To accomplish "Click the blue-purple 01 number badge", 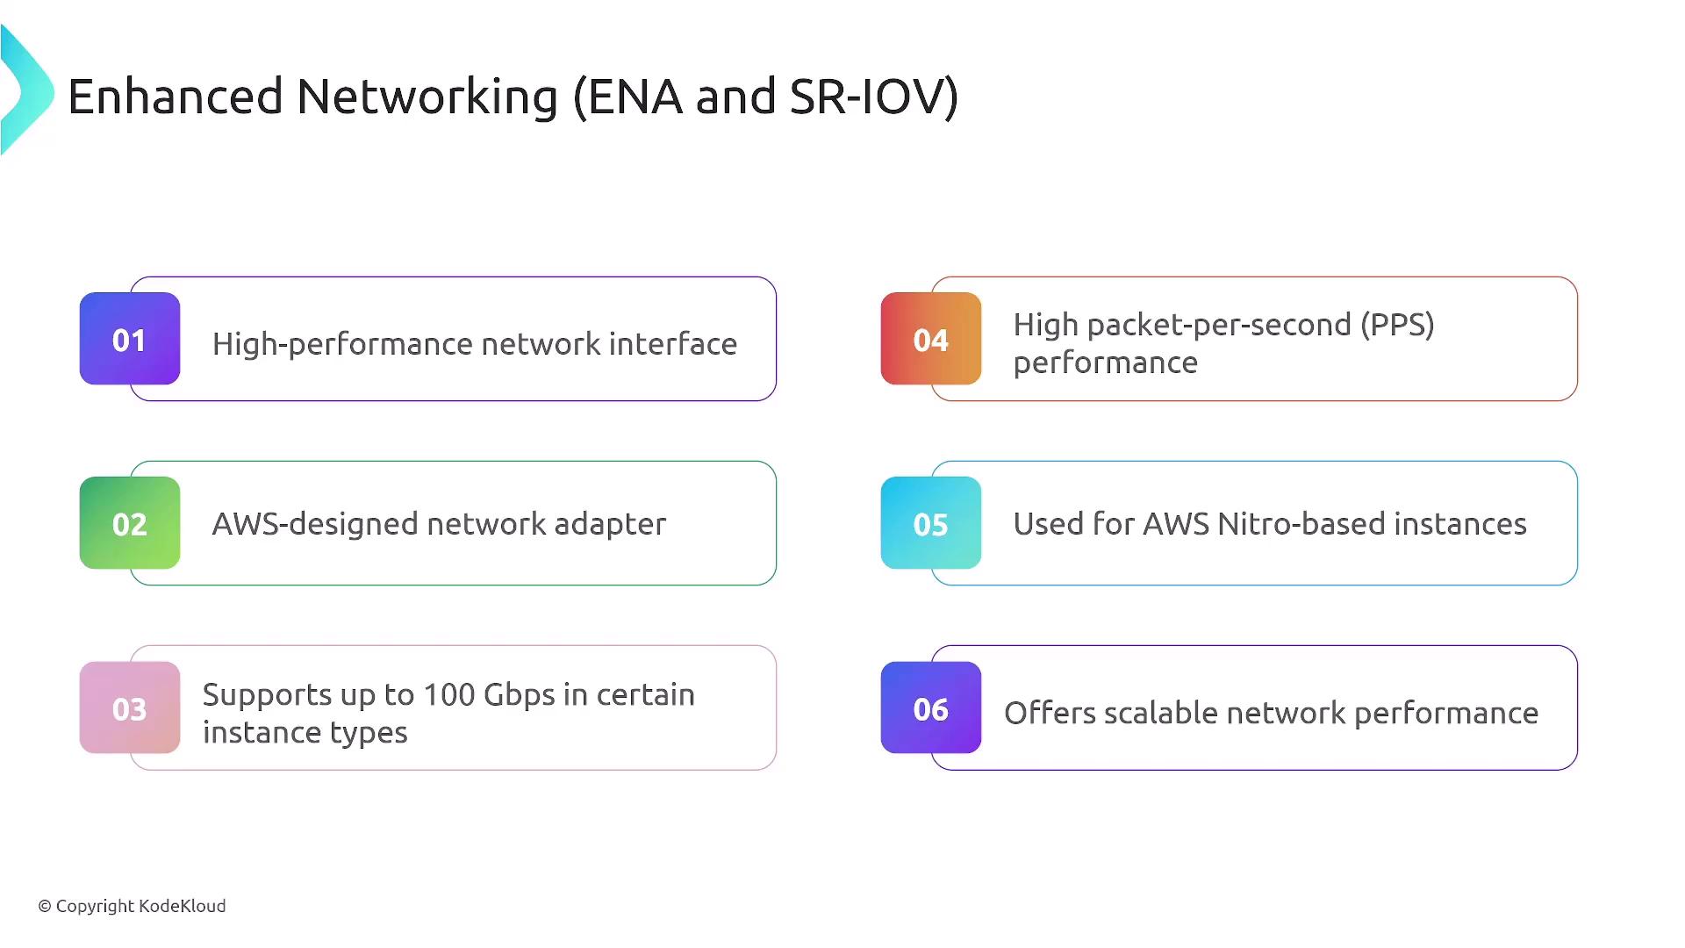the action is point(130,339).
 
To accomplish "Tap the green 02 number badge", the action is point(130,523).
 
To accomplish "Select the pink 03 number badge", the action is point(130,707).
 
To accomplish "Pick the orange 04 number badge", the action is point(931,339).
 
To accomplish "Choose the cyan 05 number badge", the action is point(931,523).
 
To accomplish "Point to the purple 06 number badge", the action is point(931,707).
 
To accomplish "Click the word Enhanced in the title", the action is point(176,96).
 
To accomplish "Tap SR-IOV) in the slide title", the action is point(874,97).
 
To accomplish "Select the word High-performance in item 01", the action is point(342,344).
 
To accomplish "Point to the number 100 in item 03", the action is point(448,694).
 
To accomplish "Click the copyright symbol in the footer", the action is point(45,907).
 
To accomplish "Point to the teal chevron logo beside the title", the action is point(27,90).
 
